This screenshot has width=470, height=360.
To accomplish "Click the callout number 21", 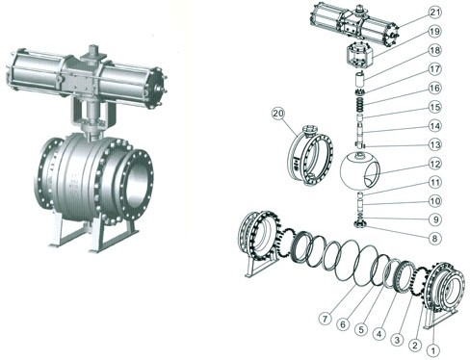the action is pos(435,13).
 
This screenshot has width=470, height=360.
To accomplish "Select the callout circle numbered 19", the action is pos(435,32).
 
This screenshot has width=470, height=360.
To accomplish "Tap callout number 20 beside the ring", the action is pos(278,114).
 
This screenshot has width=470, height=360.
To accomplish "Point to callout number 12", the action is pos(435,164).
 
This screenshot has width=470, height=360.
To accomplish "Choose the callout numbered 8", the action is pos(435,239).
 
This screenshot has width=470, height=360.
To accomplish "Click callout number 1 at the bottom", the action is pos(433,350).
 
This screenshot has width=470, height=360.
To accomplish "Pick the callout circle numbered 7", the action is pos(326,319).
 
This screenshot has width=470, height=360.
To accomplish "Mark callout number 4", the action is pos(379,334).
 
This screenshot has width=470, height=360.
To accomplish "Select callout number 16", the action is pos(435,88).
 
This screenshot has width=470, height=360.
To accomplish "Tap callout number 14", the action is pos(435,126).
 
